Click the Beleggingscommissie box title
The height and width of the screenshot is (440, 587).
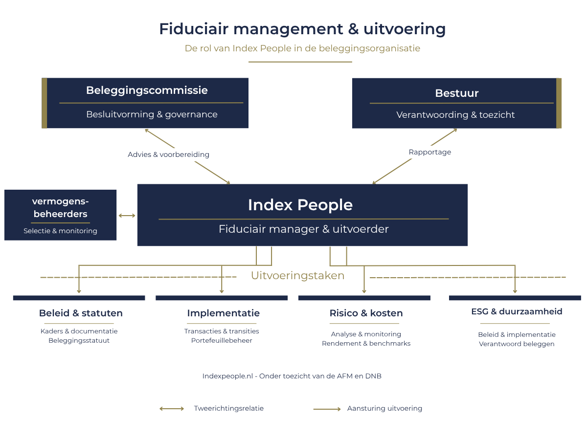[147, 90]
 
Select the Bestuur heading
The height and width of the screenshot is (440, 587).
[456, 93]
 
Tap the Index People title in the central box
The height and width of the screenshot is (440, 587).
[300, 205]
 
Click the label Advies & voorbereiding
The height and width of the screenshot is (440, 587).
[168, 154]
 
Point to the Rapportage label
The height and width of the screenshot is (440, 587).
[429, 152]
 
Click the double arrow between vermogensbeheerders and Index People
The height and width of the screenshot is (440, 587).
[127, 216]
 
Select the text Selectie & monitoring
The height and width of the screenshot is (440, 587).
[60, 231]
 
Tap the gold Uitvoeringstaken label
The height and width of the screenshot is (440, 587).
[297, 276]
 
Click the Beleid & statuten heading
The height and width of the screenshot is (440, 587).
[81, 313]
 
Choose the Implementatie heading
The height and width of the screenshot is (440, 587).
[223, 313]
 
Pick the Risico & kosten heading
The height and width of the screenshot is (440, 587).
[366, 313]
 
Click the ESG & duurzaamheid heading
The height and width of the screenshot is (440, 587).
[517, 311]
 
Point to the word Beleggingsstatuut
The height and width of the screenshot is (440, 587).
[79, 341]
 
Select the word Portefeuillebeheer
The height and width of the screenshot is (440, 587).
[222, 341]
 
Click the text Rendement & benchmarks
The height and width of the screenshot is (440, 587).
[366, 344]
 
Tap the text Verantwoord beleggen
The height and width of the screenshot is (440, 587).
[517, 344]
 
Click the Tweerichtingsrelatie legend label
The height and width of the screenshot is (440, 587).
[228, 409]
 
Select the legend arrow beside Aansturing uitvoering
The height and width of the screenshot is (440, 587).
[327, 409]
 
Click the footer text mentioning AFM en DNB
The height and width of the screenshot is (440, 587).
[292, 376]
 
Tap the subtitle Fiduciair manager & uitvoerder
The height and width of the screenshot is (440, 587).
[304, 229]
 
